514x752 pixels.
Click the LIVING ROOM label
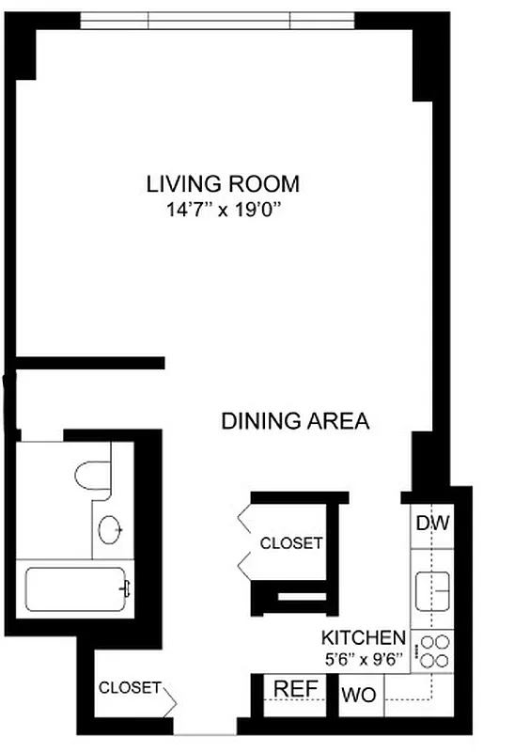click(x=223, y=182)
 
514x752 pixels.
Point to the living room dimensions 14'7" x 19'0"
click(x=223, y=211)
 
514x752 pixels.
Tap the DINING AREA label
click(x=295, y=421)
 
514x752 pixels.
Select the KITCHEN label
click(x=364, y=636)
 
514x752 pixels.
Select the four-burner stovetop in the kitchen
click(x=433, y=651)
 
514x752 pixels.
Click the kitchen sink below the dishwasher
click(x=432, y=588)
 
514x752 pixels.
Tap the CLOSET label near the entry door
click(x=130, y=688)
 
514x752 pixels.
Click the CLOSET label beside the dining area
click(x=291, y=543)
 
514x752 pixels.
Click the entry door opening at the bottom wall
click(x=204, y=732)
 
